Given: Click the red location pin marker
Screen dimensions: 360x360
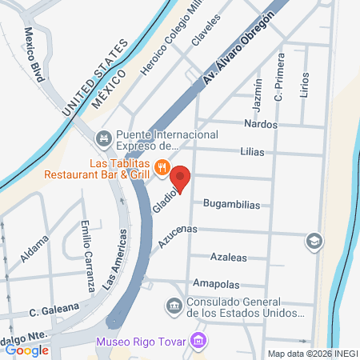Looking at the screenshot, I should pyautogui.click(x=182, y=178).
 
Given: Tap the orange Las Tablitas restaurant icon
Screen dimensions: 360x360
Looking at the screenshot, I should pyautogui.click(x=162, y=167).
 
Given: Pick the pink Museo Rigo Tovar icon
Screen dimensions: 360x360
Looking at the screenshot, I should pyautogui.click(x=200, y=342).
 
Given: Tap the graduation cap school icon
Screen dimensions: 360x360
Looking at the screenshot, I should pyautogui.click(x=314, y=240).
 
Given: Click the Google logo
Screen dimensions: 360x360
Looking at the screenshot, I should pyautogui.click(x=26, y=350).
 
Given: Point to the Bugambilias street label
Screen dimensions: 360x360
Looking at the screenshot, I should pyautogui.click(x=232, y=204).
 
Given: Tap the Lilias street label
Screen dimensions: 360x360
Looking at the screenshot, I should pyautogui.click(x=251, y=151).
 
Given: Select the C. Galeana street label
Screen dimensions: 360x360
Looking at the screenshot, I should pyautogui.click(x=54, y=308).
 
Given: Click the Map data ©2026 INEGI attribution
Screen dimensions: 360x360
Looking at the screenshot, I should pyautogui.click(x=311, y=354).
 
